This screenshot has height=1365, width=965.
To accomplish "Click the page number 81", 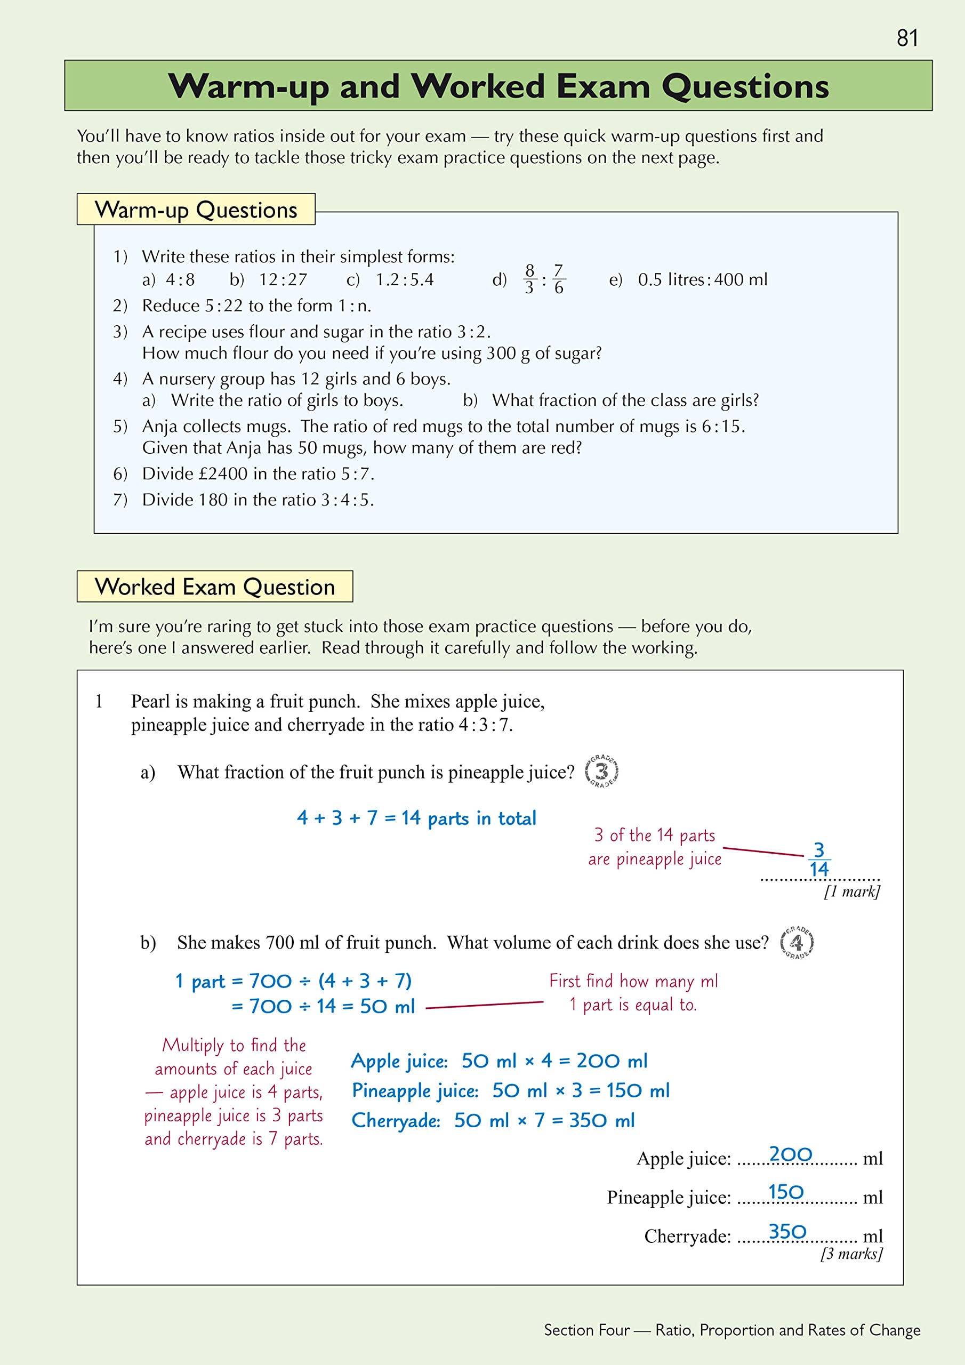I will pos(907,38).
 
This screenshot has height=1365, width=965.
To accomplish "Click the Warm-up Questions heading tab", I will pos(196,210).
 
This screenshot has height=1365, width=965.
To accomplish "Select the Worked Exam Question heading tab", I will pos(215,587).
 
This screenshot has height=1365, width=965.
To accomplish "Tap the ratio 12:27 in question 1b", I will pos(283,279).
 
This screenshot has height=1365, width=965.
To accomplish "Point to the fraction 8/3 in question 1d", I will pos(529,279).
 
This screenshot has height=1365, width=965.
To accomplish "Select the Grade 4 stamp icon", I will pos(796,943).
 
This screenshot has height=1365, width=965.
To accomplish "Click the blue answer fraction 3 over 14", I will pos(819,860).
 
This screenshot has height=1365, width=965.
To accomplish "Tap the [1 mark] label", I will pos(851,891).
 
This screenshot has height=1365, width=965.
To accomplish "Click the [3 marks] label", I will pos(851,1254).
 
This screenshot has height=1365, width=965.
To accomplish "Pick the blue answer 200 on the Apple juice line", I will pos(790,1154).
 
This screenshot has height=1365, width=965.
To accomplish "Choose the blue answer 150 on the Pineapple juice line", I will pos(785,1192).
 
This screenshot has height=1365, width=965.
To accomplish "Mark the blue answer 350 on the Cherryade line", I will pos(787,1232).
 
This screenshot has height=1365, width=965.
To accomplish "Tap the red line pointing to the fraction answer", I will pos(763,852).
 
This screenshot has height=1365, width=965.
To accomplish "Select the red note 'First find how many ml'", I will pos(633,981).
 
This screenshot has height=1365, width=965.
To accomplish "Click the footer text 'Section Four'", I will pos(586,1330).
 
